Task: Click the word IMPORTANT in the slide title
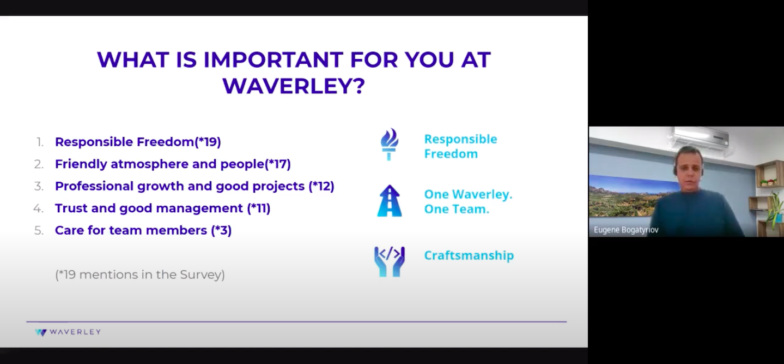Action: [x=273, y=59]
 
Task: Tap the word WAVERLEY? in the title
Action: [x=294, y=86]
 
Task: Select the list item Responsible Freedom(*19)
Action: [x=138, y=142]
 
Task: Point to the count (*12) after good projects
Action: [x=321, y=186]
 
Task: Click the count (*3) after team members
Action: [x=221, y=230]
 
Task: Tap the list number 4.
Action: [x=39, y=208]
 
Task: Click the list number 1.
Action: [x=40, y=142]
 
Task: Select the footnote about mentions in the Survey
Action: [x=140, y=275]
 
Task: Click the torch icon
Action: [x=389, y=145]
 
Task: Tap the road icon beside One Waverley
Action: [x=389, y=201]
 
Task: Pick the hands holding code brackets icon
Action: [x=389, y=261]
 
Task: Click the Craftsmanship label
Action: [x=469, y=255]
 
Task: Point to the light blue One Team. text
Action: [x=457, y=209]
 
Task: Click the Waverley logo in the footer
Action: [x=68, y=332]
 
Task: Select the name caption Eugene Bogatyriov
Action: [x=626, y=230]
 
